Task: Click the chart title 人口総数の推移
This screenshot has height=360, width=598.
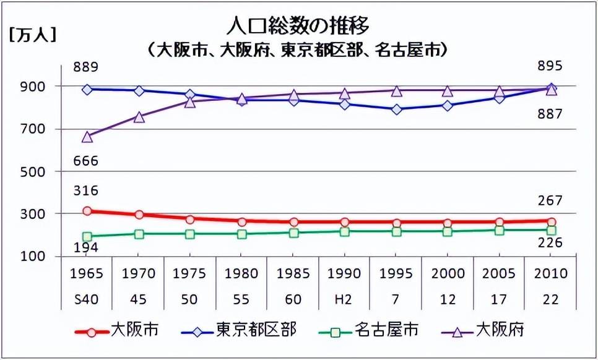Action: point(298,26)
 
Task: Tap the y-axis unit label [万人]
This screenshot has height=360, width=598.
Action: point(32,35)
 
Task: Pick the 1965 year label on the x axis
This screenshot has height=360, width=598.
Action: point(87,273)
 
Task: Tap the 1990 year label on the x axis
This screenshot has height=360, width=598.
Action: point(344,273)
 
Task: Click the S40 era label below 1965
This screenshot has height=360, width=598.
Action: point(87,299)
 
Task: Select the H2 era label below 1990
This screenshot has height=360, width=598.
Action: point(344,299)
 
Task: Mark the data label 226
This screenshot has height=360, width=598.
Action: point(550,242)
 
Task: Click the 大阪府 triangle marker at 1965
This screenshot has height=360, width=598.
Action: point(87,137)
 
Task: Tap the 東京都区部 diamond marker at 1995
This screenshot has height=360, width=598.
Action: point(396,109)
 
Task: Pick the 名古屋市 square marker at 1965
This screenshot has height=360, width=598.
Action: point(87,236)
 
